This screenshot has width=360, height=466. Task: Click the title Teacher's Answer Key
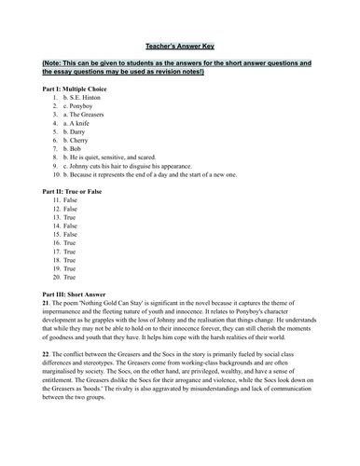coord(179,45)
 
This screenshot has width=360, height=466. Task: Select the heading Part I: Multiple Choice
coord(76,88)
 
